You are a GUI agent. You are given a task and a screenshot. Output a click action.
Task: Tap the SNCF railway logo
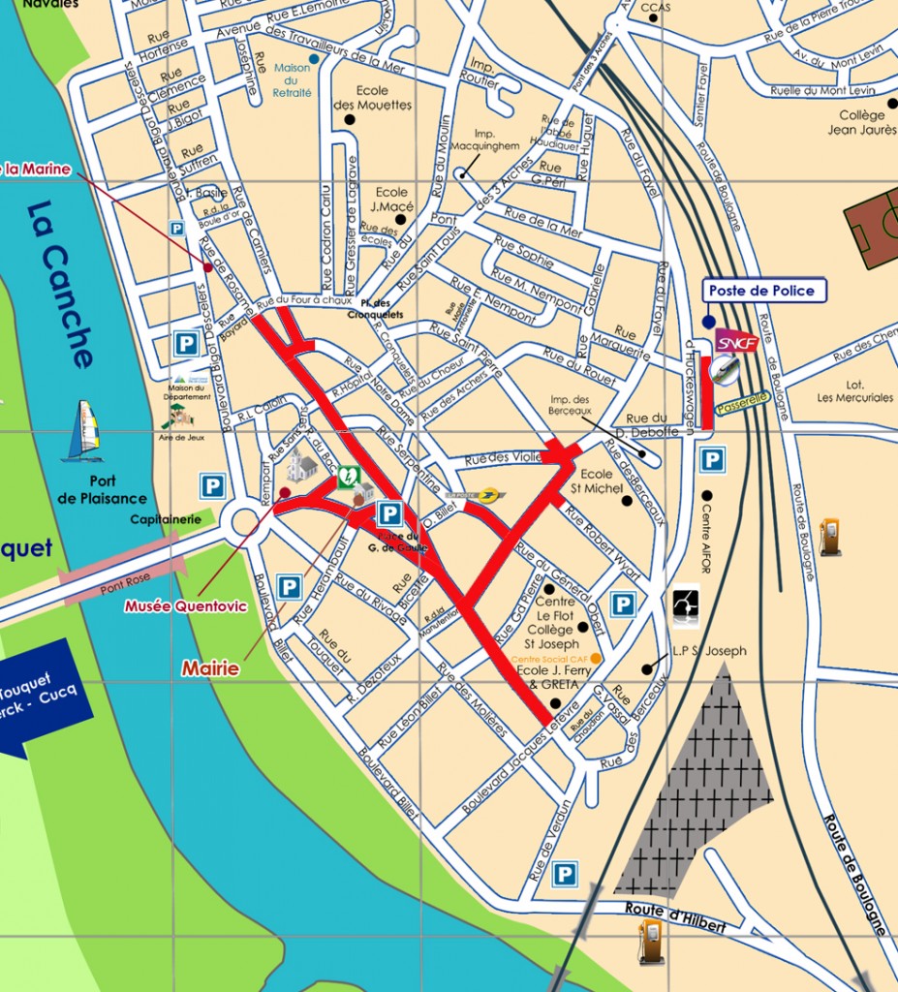tap(736, 342)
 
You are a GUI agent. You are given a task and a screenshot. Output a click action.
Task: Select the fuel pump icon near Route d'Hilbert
tap(651, 941)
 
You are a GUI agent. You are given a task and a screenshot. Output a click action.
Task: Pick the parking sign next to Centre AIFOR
tap(712, 460)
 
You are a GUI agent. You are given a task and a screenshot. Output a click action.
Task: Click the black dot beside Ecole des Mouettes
tap(349, 119)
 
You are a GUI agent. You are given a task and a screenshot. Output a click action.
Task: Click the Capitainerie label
tap(166, 519)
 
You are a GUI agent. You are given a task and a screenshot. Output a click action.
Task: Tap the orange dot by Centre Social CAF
tap(596, 659)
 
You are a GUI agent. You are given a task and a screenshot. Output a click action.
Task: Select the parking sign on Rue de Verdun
tap(564, 875)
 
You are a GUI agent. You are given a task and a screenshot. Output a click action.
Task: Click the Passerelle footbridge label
tap(744, 398)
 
